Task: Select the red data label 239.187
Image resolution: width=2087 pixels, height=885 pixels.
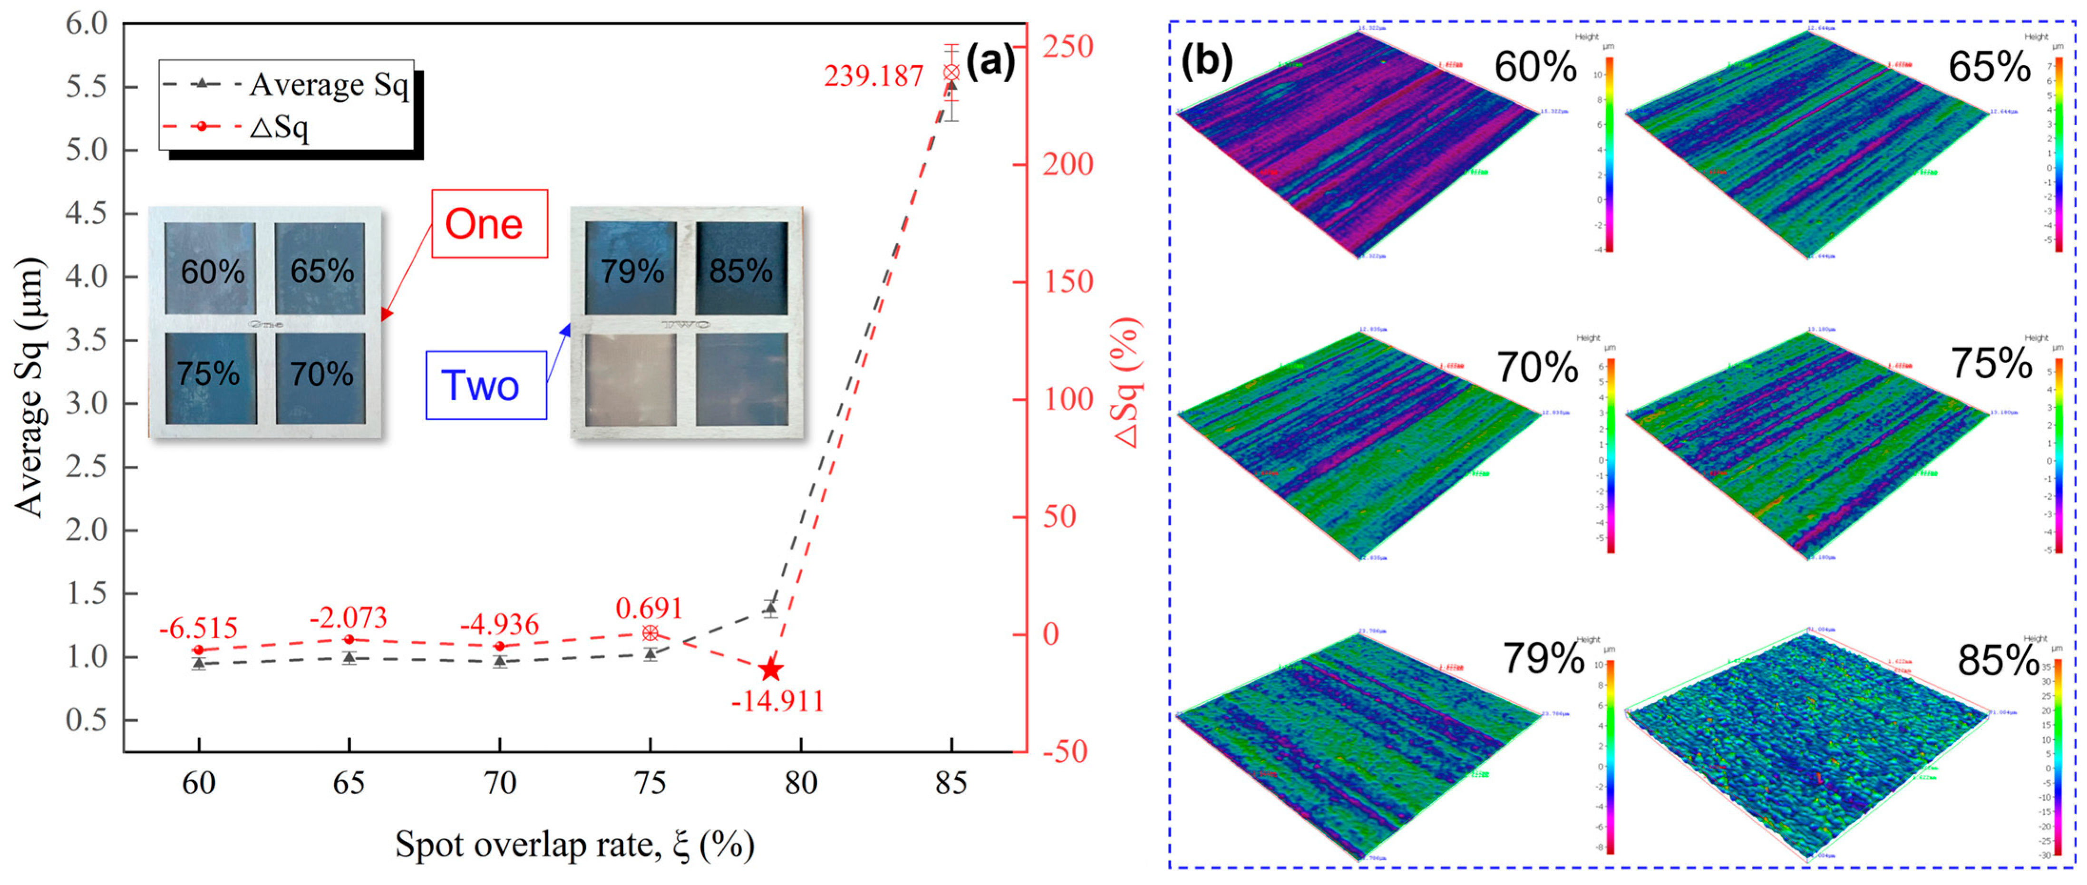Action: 874,76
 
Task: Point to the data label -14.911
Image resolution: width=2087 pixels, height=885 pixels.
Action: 777,701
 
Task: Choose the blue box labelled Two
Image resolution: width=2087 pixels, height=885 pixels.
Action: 485,385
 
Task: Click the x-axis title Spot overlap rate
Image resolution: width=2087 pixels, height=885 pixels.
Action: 574,845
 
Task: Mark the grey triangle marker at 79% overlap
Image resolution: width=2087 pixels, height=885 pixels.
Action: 770,607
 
